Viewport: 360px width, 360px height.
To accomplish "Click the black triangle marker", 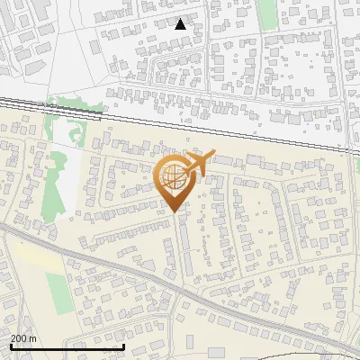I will tap(181, 24).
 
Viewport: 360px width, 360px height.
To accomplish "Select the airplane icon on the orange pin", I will tap(198, 163).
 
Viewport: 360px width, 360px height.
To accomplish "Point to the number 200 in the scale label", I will tap(20, 338).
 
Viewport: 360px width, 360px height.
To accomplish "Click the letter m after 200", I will tap(33, 338).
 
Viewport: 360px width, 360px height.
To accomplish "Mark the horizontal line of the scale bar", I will tap(67, 346).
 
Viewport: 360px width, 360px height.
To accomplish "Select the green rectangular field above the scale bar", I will tap(58, 293).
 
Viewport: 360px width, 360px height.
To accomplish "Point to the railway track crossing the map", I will tap(180, 112).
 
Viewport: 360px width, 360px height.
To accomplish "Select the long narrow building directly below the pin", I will tap(184, 247).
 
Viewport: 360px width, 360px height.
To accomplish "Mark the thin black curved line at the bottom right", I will tap(333, 346).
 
